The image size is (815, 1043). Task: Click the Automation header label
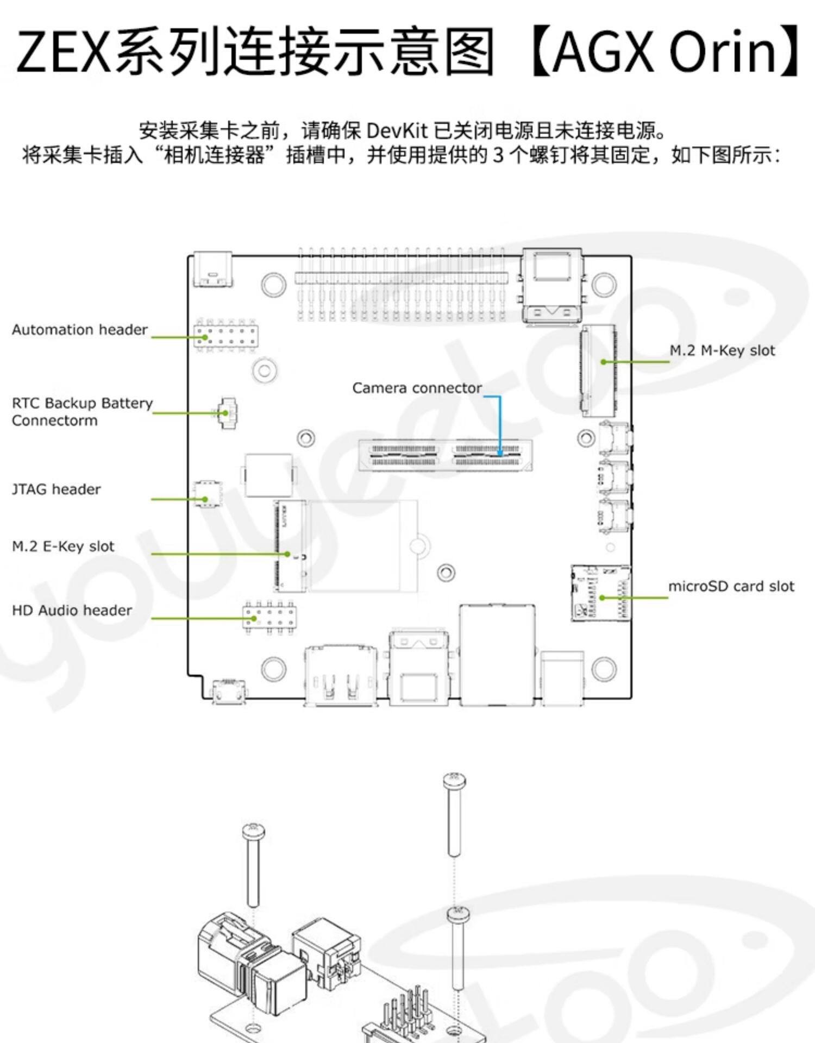[x=80, y=330]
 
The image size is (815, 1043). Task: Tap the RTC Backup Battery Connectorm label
[x=82, y=412]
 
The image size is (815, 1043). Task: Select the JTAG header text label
[x=57, y=489]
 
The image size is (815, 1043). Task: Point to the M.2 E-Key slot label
[x=63, y=546]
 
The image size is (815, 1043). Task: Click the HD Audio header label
[x=72, y=611]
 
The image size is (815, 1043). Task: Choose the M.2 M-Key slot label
[x=722, y=350]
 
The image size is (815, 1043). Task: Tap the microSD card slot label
[x=731, y=587]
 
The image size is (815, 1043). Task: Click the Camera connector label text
[x=417, y=388]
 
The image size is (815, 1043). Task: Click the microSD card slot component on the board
[x=601, y=593]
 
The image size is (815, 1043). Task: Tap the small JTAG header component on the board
[x=207, y=494]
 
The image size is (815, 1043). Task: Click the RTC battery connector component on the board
[x=227, y=413]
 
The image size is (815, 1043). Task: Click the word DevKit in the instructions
[x=399, y=131]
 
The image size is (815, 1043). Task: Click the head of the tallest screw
[x=454, y=781]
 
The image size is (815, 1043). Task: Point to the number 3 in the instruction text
[x=498, y=155]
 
